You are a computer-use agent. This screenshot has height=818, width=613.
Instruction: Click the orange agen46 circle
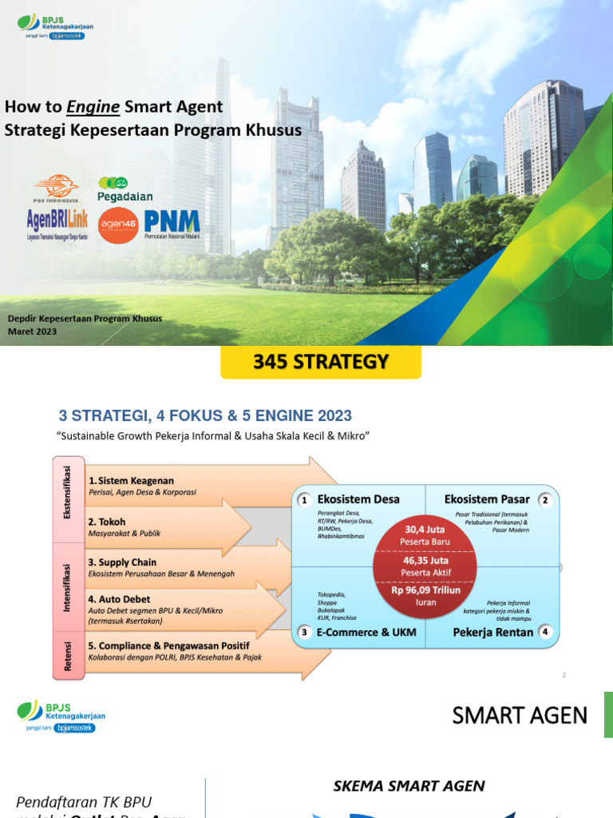[118, 225]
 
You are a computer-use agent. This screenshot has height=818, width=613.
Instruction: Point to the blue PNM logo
[172, 222]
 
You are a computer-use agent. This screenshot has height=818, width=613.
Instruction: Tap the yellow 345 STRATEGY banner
[320, 363]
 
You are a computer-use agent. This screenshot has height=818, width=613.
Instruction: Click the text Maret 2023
[33, 332]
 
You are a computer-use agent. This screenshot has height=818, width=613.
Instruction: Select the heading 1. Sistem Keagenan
[131, 481]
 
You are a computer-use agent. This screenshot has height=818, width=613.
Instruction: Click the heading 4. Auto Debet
[119, 599]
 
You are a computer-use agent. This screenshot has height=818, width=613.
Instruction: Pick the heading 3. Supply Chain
[122, 562]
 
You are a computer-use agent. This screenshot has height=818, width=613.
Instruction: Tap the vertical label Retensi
[68, 657]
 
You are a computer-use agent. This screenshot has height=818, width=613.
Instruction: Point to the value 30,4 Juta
[425, 530]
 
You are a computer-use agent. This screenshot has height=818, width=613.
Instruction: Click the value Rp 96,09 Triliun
[425, 592]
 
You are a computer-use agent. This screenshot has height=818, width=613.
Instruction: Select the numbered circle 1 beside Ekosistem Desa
[304, 500]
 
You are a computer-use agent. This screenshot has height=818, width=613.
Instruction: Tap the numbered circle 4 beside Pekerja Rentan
[545, 632]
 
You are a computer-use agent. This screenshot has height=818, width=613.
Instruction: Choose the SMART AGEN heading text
[520, 716]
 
